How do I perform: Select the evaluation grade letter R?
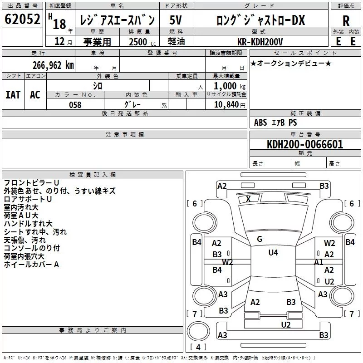[x=346, y=20]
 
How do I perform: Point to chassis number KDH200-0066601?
[x=305, y=145]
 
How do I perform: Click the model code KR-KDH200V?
[x=259, y=41]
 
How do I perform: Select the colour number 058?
[x=75, y=105]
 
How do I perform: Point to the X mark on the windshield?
[x=248, y=199]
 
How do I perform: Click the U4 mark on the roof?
[x=273, y=253]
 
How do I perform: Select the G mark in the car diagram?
[x=260, y=239]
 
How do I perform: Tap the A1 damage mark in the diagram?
[x=319, y=262]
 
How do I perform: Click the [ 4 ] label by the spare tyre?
[x=198, y=348]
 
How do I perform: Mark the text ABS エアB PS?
[x=275, y=123]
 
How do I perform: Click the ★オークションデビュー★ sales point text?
[x=291, y=63]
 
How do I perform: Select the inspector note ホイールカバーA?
[x=31, y=264]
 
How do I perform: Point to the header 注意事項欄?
[x=125, y=135]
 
